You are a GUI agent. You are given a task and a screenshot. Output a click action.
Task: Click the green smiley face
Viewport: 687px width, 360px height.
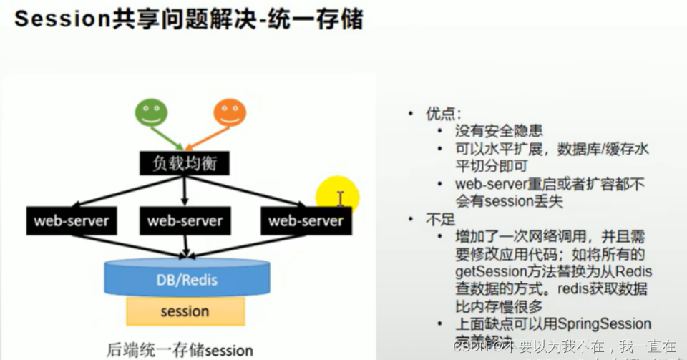152,112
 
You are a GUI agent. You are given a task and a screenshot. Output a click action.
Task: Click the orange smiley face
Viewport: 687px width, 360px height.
230,112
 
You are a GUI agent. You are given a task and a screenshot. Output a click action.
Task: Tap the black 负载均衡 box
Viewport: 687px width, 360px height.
185,164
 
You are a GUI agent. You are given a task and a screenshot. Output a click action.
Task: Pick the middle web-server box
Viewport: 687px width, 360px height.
185,221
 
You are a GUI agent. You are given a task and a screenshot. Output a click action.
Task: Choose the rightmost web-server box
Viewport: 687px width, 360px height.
306,221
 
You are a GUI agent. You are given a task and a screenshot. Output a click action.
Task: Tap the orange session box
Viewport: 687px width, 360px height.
185,311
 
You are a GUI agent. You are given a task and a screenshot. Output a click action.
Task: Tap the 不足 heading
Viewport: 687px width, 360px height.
441,218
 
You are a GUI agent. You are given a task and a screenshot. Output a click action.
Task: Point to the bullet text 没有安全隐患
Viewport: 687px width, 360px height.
499,131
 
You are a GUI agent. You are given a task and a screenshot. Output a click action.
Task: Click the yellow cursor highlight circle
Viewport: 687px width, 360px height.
338,196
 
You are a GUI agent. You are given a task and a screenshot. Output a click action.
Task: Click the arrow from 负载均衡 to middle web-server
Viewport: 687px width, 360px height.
185,190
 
